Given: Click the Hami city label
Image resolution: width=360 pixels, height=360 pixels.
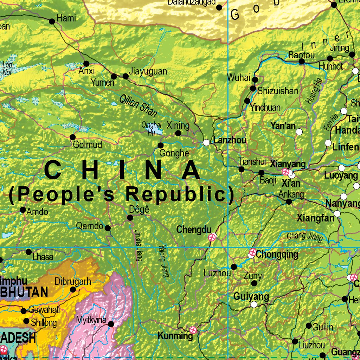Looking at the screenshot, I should (66, 18).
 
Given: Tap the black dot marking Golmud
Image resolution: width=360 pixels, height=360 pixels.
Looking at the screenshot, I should (73, 137).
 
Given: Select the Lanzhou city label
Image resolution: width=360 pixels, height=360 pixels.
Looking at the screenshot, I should (230, 140).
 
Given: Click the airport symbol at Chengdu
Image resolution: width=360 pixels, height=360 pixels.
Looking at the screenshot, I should (212, 237).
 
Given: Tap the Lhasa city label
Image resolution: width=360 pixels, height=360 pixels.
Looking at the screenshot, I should (43, 257).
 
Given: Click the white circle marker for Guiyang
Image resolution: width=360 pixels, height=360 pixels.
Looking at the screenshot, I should (254, 304).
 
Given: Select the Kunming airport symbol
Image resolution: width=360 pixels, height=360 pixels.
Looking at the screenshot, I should (193, 330).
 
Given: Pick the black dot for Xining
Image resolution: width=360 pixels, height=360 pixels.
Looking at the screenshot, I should (178, 133).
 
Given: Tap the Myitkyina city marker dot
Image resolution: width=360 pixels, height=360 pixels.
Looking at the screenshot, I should (111, 324).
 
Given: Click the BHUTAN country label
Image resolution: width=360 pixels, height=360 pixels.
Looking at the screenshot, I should (24, 292).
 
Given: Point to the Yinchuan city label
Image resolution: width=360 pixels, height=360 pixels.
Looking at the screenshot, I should (265, 108).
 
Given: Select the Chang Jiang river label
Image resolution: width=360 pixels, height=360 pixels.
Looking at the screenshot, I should (305, 237).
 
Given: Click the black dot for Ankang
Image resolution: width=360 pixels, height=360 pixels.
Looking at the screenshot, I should (289, 202).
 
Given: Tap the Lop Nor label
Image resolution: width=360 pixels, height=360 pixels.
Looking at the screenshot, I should (7, 68).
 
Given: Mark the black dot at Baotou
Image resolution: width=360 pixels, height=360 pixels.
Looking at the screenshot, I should (302, 62).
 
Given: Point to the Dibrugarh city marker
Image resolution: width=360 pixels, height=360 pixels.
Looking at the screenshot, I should (73, 290).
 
